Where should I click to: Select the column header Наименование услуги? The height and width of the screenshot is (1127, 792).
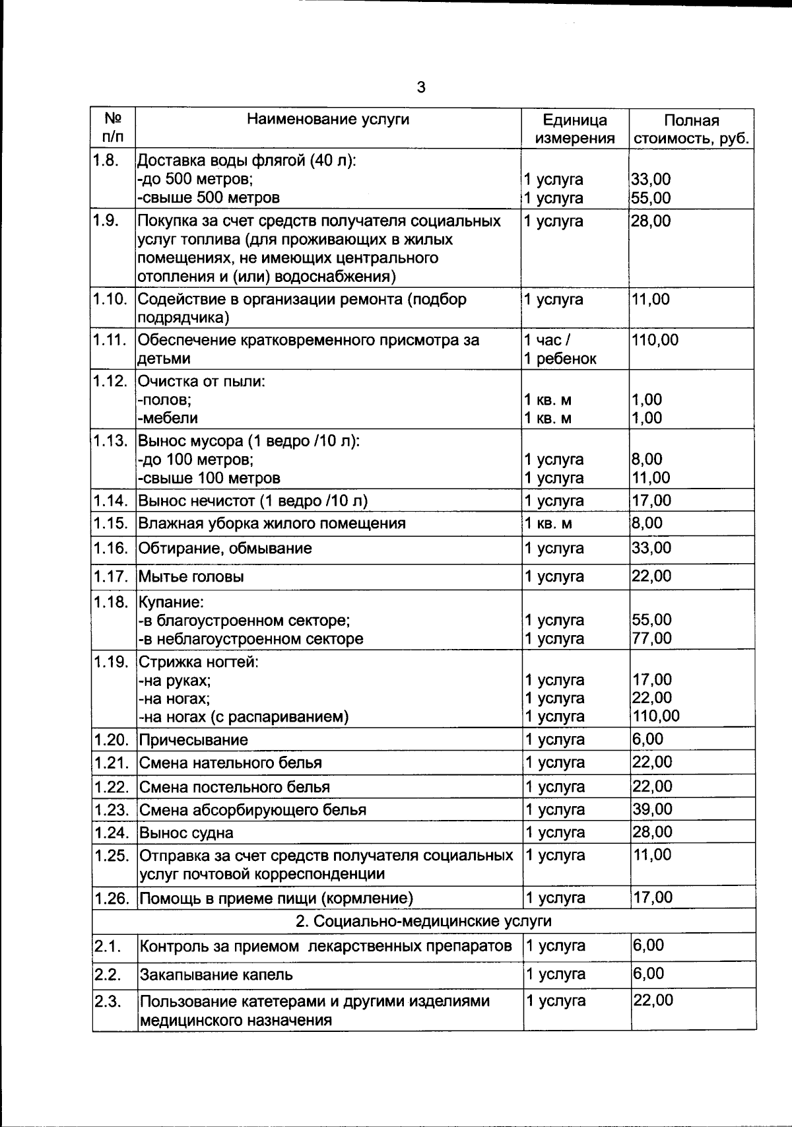pos(328,120)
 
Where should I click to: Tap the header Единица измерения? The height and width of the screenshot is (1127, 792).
pos(574,129)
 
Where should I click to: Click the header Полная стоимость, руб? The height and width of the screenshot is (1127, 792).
pos(691,129)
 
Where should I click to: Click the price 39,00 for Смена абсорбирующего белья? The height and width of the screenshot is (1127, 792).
pos(652,809)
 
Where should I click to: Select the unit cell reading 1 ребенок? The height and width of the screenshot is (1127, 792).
pos(560,359)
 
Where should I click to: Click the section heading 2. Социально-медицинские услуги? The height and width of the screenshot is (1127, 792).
pos(423,920)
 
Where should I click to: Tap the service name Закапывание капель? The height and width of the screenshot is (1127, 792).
pos(216,974)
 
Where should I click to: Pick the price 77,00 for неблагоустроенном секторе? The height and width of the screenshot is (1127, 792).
pos(651,638)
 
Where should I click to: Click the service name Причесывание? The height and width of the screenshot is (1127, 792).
pos(193,739)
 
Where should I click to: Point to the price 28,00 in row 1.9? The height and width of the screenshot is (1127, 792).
pos(651,221)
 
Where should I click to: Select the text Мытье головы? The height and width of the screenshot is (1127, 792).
pos(191,576)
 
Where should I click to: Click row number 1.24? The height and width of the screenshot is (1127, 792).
pos(110,833)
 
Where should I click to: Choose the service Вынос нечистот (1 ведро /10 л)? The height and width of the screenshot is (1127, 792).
pos(253,500)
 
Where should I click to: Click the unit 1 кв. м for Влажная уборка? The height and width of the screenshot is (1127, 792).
pos(548,524)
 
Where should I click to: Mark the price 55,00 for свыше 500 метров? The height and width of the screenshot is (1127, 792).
pos(651,197)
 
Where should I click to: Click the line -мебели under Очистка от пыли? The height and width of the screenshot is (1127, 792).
pos(168,418)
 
